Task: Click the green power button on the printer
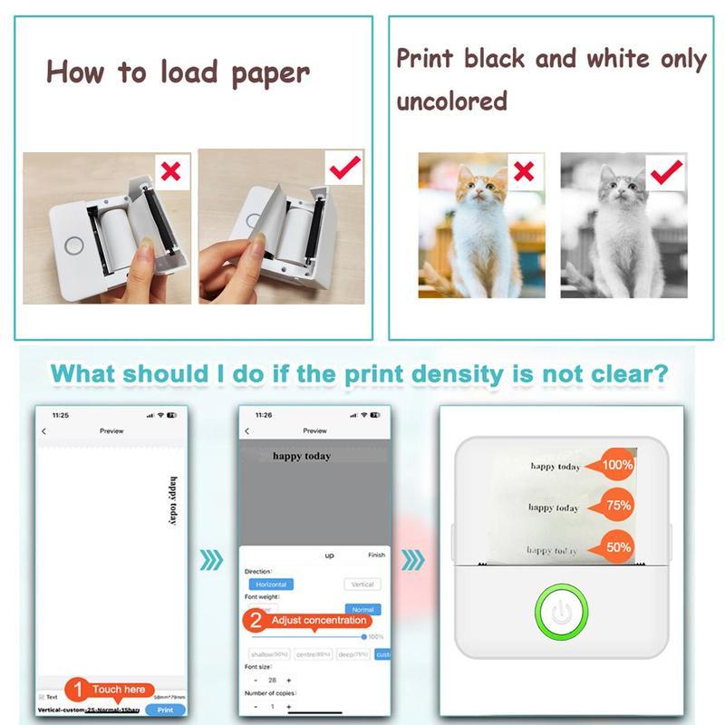[x=562, y=612]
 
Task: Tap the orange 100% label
[x=614, y=466]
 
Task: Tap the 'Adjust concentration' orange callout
[x=308, y=621]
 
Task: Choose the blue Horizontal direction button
[x=271, y=585]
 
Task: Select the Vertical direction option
[x=362, y=585]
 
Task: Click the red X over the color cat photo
[x=522, y=169]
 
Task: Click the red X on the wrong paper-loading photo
[x=169, y=170]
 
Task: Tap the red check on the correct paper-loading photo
[x=344, y=166]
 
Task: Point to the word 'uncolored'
[x=451, y=101]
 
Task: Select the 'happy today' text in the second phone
[x=301, y=456]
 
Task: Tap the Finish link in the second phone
[x=376, y=555]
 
